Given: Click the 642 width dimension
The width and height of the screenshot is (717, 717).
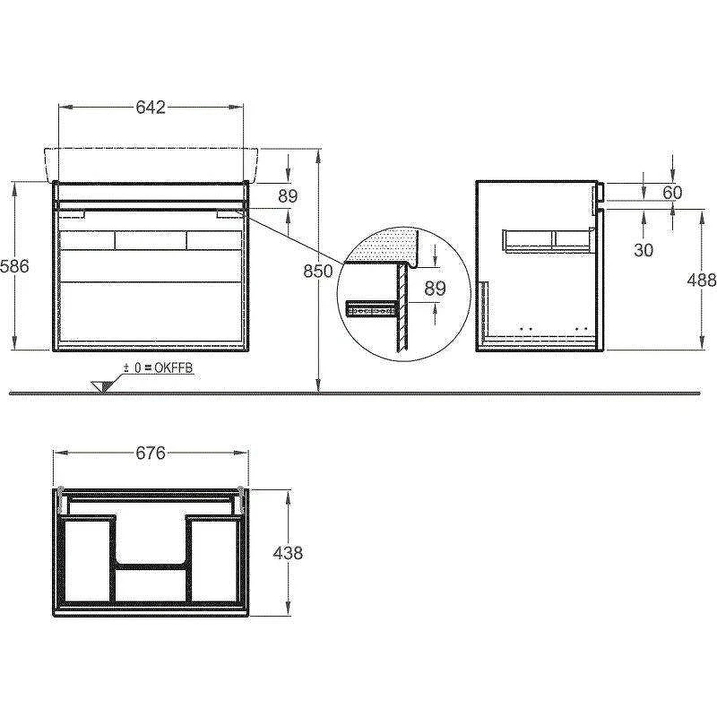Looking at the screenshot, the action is [x=151, y=107].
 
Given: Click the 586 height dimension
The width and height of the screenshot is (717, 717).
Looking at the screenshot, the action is [x=14, y=266].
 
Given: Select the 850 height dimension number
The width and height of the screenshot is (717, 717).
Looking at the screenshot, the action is [x=318, y=272].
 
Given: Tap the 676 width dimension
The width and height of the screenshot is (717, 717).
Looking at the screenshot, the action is [x=151, y=453].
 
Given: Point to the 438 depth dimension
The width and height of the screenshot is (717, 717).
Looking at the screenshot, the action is [x=288, y=553].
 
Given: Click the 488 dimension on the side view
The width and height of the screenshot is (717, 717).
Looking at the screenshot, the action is [x=702, y=280].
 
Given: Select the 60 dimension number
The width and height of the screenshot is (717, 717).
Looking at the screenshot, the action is [x=672, y=193].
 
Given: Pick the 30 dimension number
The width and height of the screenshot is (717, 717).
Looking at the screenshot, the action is [x=644, y=250].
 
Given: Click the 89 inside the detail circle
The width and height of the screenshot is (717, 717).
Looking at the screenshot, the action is [x=435, y=289].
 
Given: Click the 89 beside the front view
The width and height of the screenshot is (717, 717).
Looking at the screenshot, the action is [x=288, y=196].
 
